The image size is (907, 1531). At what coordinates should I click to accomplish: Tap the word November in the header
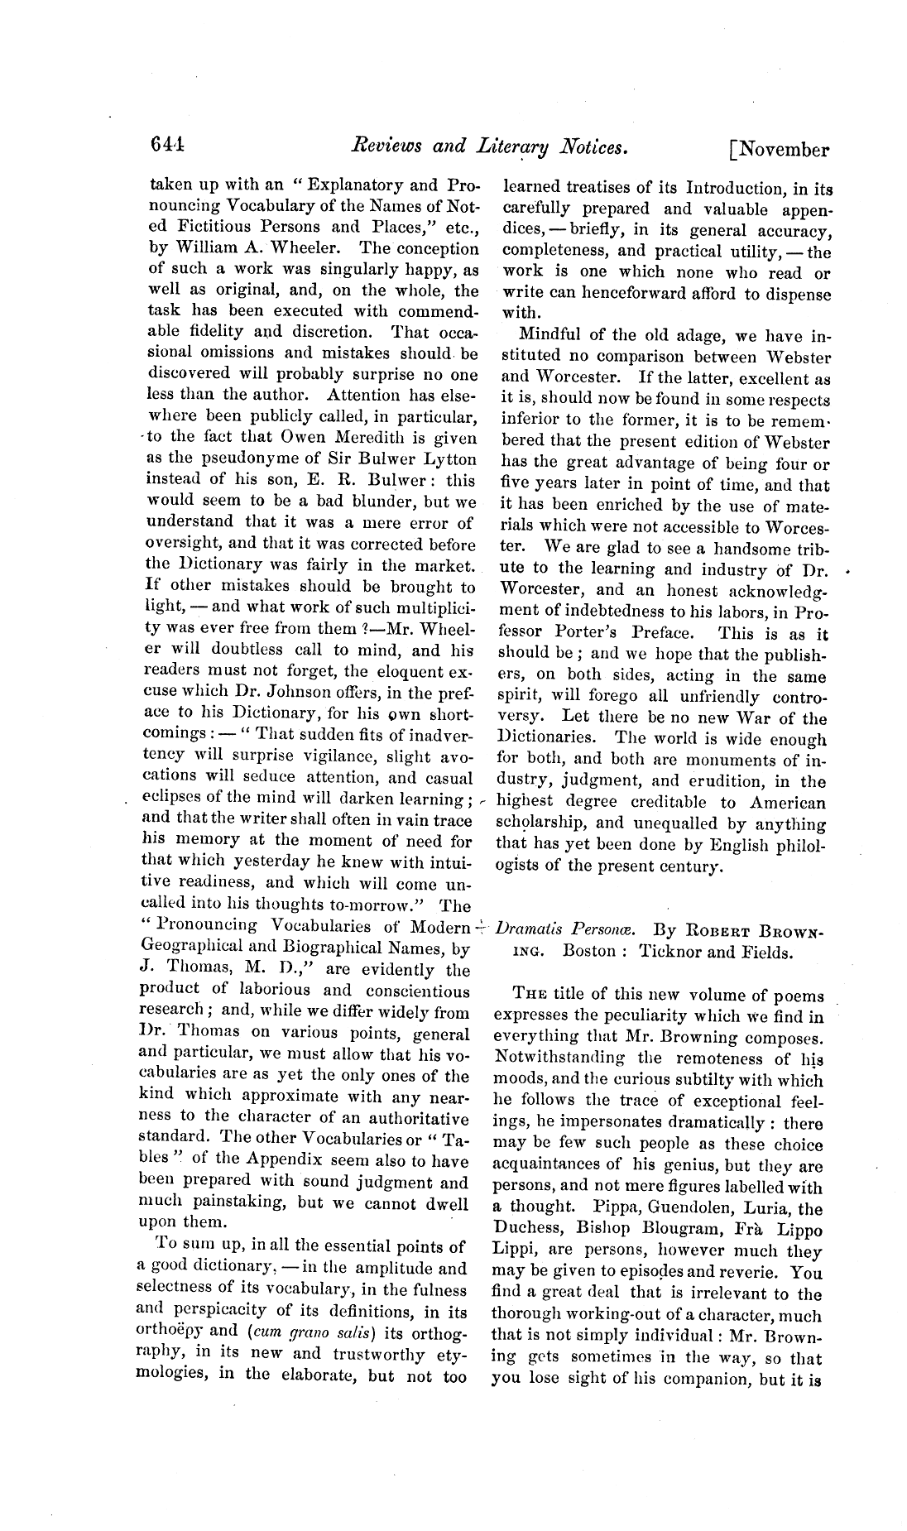(x=783, y=149)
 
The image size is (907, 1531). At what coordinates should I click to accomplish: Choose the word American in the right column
(x=788, y=802)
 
